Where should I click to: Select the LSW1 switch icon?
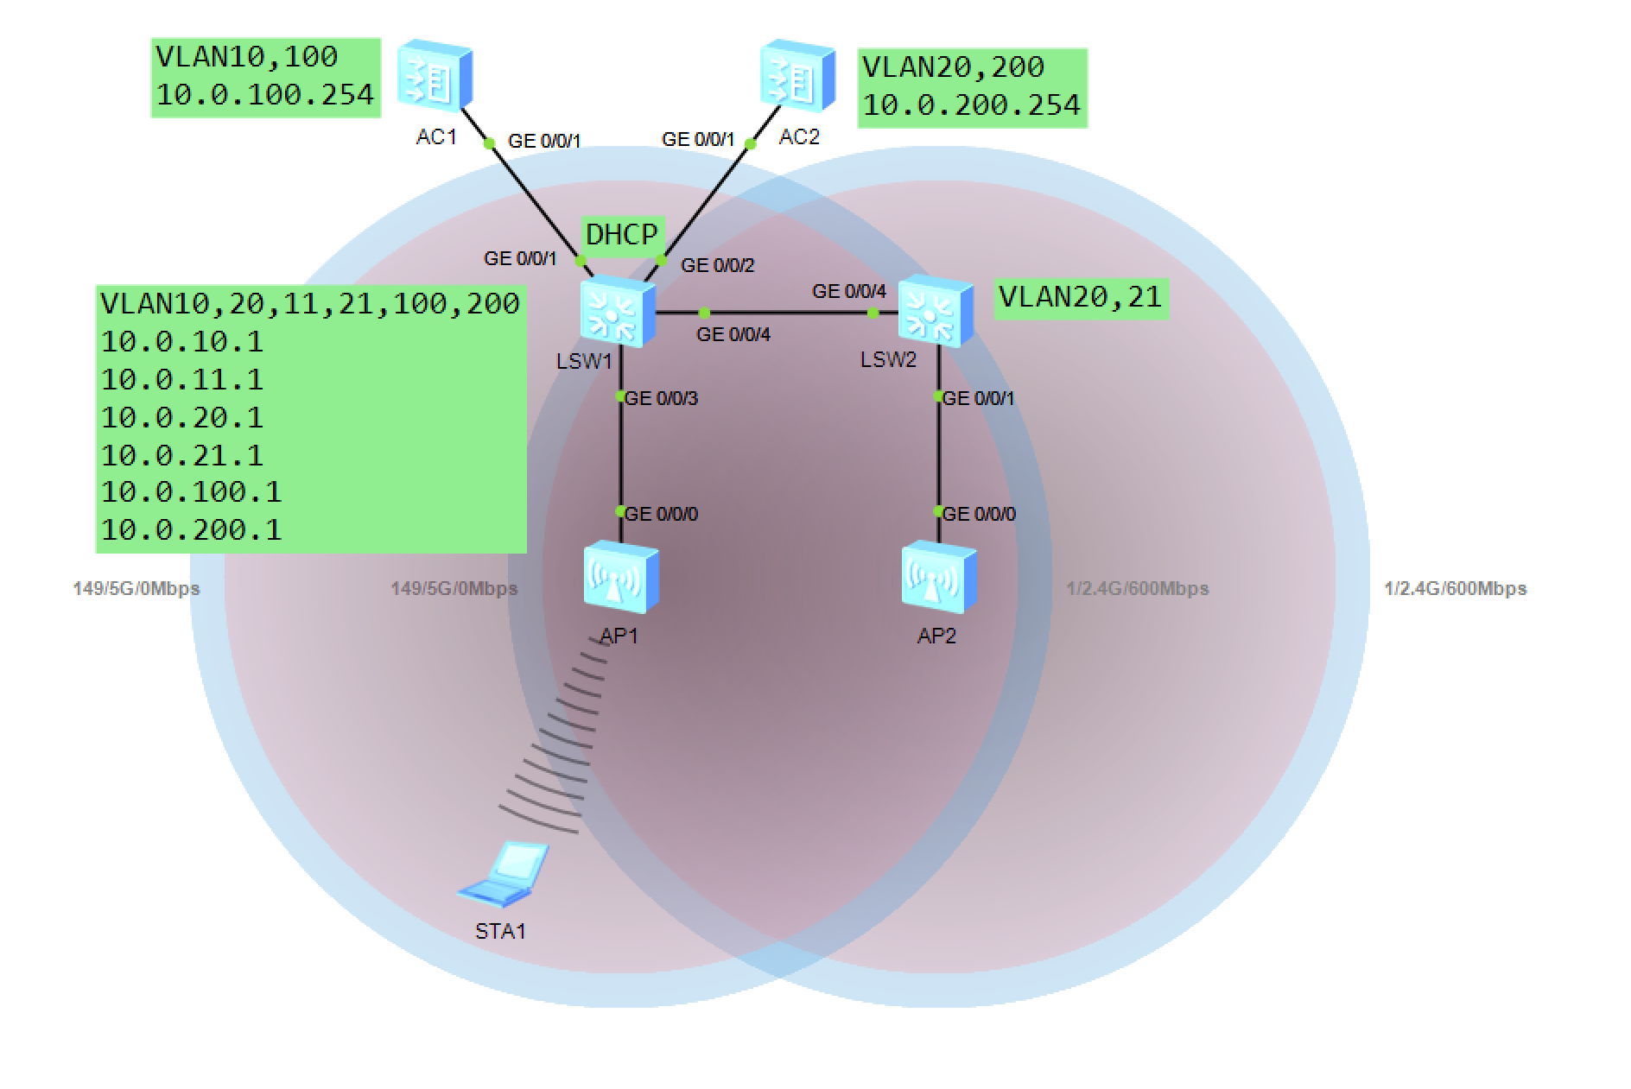[617, 312]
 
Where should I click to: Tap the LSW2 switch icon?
[935, 312]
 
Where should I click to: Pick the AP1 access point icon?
[620, 577]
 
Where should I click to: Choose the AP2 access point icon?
[938, 577]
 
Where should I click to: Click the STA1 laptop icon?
[504, 874]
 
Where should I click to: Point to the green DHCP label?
[622, 235]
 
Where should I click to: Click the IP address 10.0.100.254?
[264, 94]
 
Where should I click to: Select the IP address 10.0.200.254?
[971, 105]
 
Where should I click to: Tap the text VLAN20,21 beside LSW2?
[1080, 298]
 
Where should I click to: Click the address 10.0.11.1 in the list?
[182, 380]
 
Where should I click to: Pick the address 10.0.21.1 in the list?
[182, 455]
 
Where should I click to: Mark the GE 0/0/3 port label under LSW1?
[662, 398]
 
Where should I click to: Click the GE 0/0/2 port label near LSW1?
[717, 265]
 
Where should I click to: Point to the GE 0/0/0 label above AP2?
[979, 514]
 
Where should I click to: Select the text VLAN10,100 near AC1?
[246, 57]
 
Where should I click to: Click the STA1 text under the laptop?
[500, 931]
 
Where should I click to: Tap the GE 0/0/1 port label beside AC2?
[698, 139]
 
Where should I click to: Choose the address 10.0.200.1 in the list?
[191, 530]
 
